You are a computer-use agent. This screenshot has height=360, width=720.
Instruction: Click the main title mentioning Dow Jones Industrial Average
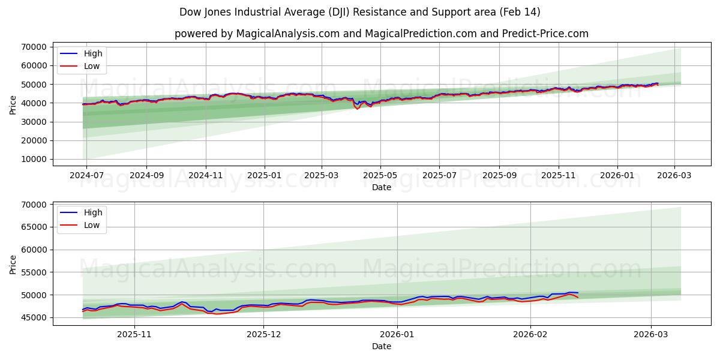coord(359,12)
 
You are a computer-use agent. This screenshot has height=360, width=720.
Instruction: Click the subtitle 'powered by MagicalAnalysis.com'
coord(381,34)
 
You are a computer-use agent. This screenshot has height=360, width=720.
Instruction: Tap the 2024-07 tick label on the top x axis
coord(86,176)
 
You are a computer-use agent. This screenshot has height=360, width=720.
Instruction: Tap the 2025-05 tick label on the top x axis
coord(380,176)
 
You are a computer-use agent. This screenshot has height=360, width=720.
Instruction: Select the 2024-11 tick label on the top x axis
coord(206,176)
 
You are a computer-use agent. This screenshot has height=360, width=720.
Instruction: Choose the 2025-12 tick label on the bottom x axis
coord(264,335)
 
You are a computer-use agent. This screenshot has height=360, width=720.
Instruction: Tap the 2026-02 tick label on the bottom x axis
coord(531,335)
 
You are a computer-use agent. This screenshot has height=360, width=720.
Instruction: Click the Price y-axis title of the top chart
coord(13,104)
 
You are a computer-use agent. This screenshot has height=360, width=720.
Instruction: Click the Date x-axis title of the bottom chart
coord(382,346)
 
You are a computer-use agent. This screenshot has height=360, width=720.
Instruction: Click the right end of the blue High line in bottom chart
coord(578,293)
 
